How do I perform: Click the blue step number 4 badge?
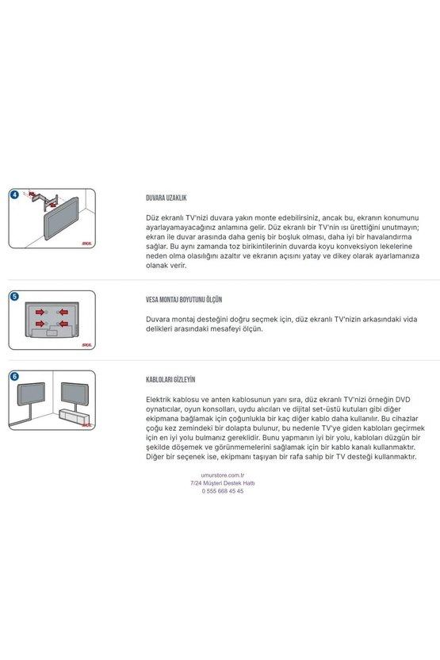(14, 194)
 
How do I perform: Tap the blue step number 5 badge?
(14, 297)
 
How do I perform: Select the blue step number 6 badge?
(14, 376)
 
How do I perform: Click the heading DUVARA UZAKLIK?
(166, 198)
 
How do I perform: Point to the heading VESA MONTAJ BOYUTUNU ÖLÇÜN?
(184, 300)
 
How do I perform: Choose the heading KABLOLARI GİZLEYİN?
(170, 380)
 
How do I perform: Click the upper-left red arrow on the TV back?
(40, 312)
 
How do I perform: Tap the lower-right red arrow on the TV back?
(63, 324)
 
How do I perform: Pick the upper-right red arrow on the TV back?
(63, 312)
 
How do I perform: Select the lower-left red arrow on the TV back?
(40, 324)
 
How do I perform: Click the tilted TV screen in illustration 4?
(61, 218)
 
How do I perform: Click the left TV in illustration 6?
(31, 393)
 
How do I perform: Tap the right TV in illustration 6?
(75, 393)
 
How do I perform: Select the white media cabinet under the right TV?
(75, 416)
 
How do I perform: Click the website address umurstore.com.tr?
(223, 475)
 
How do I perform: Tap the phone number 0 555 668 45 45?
(223, 491)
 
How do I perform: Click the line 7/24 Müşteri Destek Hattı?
(223, 483)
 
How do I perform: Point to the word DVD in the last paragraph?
(403, 400)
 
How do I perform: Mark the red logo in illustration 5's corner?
(86, 345)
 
